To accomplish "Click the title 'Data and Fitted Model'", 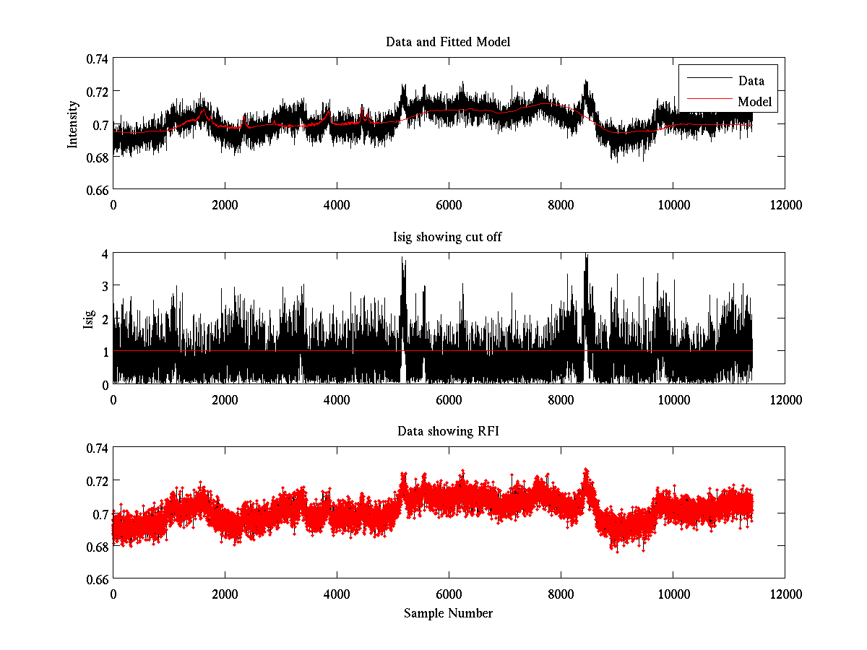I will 448,42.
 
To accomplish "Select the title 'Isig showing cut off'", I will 448,237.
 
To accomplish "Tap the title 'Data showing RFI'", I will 448,431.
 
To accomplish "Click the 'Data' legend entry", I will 751,81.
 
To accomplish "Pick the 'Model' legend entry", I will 754,102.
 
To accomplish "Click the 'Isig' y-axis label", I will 89,318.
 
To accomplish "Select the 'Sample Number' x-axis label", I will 448,613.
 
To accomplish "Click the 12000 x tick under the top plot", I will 785,204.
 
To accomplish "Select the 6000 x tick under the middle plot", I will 449,399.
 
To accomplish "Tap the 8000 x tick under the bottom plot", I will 561,594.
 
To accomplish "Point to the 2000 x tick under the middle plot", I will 225,399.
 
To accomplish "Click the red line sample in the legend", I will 708,102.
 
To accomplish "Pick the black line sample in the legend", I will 708,81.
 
